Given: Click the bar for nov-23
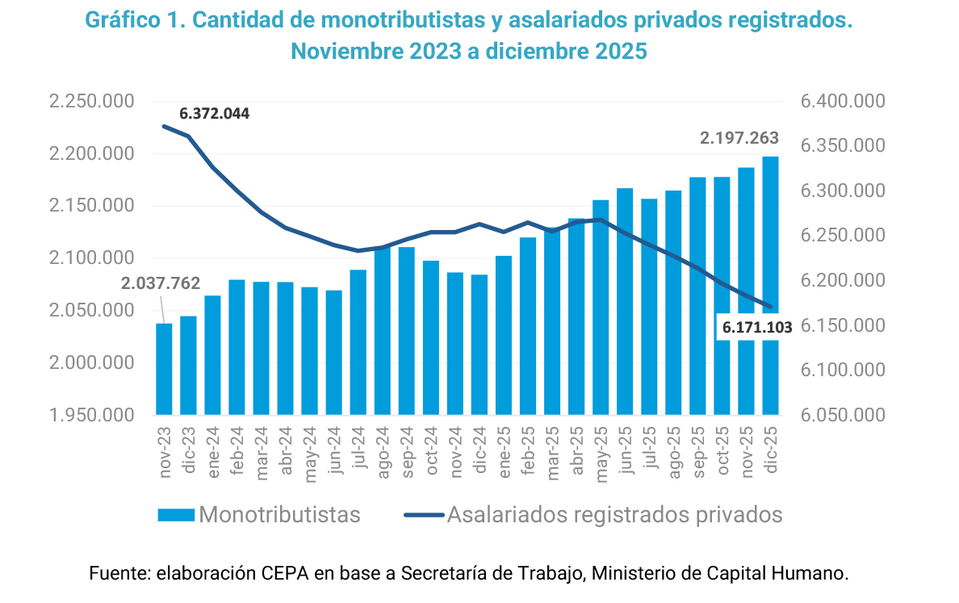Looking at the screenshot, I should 164,369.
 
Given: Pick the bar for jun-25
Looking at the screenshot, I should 625,302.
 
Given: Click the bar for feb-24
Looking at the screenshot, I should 237,347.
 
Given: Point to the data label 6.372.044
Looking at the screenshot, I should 215,114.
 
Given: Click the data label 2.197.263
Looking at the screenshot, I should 739,139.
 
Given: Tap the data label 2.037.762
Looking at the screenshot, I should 161,283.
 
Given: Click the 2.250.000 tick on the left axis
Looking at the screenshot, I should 91,102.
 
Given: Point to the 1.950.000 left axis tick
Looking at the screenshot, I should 91,416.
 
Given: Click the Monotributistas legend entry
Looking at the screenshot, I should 258,515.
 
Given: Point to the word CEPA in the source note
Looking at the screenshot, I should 284,574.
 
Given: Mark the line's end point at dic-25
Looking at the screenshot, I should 771,307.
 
